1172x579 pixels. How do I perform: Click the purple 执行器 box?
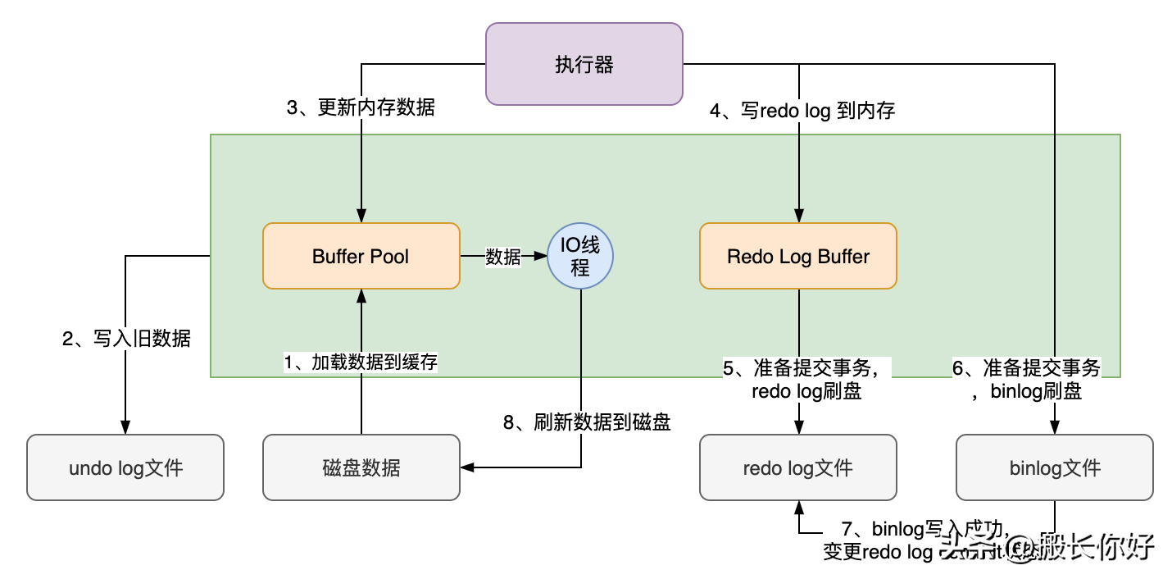(584, 64)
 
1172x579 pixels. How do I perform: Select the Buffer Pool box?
(361, 256)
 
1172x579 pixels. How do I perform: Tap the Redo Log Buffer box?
(797, 256)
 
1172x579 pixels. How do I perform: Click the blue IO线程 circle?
(580, 257)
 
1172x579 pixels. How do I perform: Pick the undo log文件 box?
(125, 467)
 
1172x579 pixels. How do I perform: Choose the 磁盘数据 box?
(361, 467)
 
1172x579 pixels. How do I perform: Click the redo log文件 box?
(797, 467)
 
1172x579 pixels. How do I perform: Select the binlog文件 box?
(1054, 467)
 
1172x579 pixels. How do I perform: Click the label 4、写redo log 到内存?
(802, 111)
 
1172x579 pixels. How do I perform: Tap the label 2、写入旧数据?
(126, 338)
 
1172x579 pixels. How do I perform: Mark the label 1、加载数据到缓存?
(361, 362)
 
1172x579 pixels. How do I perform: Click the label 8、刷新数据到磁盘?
(587, 422)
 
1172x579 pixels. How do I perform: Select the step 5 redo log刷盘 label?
(806, 379)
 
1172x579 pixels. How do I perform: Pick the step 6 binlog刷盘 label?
(1036, 379)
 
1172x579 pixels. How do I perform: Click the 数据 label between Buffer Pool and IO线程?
(503, 257)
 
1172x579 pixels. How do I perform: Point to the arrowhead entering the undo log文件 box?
(125, 427)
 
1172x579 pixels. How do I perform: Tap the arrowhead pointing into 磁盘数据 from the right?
(467, 467)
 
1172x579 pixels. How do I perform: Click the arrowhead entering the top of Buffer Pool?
(361, 216)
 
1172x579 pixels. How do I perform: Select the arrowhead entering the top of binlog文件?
(1054, 427)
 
